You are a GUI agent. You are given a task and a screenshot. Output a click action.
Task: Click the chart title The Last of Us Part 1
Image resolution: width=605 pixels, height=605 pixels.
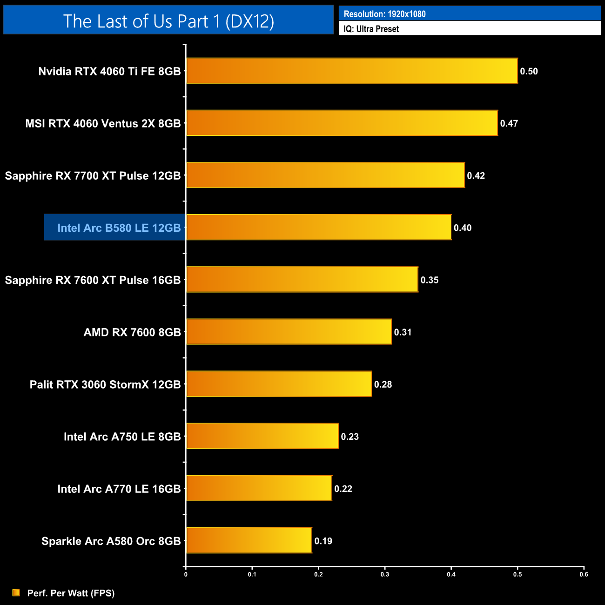coord(168,21)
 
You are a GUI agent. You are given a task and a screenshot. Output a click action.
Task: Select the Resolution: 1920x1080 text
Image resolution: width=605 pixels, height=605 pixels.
coord(384,14)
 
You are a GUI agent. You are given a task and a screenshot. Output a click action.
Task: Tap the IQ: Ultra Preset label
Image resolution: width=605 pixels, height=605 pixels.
coord(371,29)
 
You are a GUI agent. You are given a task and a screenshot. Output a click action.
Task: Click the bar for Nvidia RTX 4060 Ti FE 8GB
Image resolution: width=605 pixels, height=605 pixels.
coord(352,71)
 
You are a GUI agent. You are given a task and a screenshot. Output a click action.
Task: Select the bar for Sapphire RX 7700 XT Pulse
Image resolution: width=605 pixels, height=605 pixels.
coord(325,175)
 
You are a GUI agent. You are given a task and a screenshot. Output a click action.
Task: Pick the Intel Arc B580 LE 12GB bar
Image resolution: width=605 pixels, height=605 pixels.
coord(319,227)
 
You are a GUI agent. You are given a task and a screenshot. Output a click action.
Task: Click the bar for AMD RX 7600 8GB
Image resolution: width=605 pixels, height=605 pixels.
coord(289,331)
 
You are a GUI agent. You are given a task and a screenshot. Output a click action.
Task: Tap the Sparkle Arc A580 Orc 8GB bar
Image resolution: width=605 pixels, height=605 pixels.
coord(249,540)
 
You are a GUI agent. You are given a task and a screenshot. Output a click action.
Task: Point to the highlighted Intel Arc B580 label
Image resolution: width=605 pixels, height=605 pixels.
coord(119,228)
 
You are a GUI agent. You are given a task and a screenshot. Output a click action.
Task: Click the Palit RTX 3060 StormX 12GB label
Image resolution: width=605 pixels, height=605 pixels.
coord(105,384)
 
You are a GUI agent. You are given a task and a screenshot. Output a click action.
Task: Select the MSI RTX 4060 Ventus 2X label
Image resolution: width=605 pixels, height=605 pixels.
coord(103,123)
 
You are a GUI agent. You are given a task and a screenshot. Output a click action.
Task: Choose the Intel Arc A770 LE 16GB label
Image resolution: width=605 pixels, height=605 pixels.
coord(119,489)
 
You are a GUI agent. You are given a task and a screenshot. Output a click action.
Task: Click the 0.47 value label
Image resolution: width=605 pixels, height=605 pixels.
coord(509,123)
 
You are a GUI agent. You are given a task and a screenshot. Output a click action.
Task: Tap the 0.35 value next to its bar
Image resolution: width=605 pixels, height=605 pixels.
coord(429,280)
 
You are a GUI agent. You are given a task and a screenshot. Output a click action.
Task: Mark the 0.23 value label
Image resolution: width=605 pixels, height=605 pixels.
coord(350,437)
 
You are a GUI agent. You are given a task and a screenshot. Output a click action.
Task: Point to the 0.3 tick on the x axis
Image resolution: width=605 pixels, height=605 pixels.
coord(385,574)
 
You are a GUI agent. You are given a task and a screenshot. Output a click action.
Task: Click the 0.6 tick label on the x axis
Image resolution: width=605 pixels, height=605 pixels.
coord(584,574)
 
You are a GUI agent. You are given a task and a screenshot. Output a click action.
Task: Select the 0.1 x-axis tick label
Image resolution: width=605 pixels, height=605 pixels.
coord(252,574)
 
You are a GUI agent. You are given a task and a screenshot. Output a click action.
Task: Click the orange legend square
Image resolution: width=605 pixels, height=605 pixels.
coord(16,592)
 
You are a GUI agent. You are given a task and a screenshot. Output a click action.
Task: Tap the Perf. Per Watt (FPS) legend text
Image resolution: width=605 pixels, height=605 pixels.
coord(71,593)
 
